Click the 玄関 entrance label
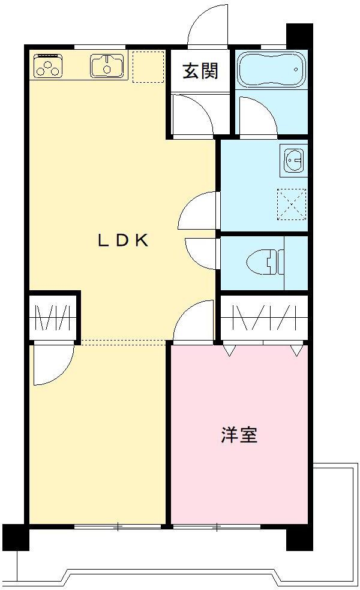point(200,70)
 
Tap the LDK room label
point(123,240)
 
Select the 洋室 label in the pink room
point(239,435)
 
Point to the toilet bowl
point(265,262)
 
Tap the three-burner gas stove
point(48,66)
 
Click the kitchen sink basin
point(107,66)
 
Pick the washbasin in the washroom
point(294,161)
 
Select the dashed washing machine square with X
point(292,204)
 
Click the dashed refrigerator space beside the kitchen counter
point(148,66)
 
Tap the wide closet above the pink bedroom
point(265,318)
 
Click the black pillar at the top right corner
point(299,36)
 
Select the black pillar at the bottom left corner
point(16,537)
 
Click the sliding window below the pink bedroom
point(217,527)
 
